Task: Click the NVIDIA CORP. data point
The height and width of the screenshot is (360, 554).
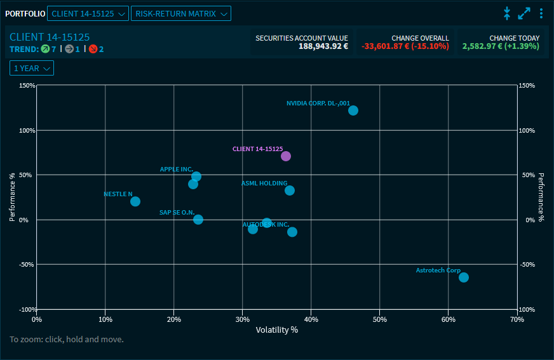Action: tap(353, 110)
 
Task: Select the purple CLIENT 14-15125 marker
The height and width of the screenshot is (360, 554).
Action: tap(286, 156)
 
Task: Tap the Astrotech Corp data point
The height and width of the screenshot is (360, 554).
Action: tap(464, 277)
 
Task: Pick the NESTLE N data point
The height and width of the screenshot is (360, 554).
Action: tap(135, 202)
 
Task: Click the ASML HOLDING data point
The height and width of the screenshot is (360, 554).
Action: tap(290, 190)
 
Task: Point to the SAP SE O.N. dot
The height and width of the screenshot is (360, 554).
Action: tap(198, 220)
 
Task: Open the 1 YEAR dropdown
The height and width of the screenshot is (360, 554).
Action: tap(32, 68)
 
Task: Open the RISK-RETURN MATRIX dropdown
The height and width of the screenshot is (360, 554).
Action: tap(181, 13)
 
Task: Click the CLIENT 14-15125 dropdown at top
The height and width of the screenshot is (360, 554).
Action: tap(88, 13)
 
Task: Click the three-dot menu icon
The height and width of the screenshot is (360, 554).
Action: tap(541, 13)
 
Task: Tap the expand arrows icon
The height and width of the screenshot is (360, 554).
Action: tap(524, 13)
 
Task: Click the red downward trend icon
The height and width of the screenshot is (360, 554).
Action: tap(93, 49)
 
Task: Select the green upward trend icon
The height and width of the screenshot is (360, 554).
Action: tap(45, 49)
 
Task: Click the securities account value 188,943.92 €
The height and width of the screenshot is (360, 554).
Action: tap(323, 46)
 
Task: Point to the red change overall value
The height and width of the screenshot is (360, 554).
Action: tap(405, 46)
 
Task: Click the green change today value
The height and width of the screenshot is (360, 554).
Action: tap(501, 46)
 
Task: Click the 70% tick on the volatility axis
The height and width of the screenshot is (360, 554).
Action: tap(517, 319)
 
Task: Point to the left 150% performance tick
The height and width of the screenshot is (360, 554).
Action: tap(26, 86)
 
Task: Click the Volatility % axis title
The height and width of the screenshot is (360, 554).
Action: tap(276, 330)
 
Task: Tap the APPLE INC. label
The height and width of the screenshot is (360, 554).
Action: tap(176, 170)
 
